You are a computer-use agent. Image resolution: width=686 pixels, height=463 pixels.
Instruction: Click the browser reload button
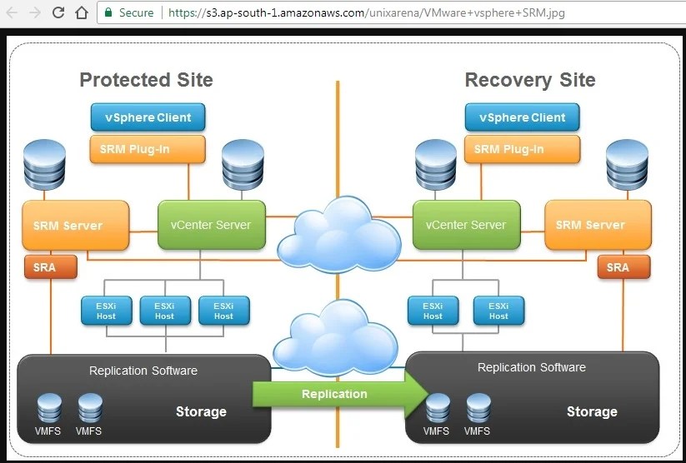pyautogui.click(x=58, y=12)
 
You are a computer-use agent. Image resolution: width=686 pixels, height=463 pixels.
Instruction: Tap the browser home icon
pyautogui.click(x=82, y=12)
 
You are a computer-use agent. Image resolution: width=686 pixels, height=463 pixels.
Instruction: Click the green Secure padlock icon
pyautogui.click(x=108, y=12)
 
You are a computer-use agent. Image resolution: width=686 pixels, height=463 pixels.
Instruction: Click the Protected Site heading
pyautogui.click(x=146, y=80)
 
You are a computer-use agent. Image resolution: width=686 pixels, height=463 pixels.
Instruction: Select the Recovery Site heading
pyautogui.click(x=530, y=80)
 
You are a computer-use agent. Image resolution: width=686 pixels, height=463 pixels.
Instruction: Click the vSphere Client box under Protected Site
pyautogui.click(x=148, y=117)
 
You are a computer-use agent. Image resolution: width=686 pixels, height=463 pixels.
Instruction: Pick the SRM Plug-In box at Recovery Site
pyautogui.click(x=522, y=149)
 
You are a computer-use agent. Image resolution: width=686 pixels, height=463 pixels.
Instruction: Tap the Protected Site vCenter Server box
pyautogui.click(x=211, y=225)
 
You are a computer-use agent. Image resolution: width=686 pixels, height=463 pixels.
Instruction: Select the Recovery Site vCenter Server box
pyautogui.click(x=466, y=225)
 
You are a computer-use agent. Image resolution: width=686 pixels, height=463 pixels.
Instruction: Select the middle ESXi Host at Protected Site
pyautogui.click(x=164, y=310)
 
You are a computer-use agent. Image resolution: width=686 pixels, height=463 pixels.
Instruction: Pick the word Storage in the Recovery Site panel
pyautogui.click(x=592, y=411)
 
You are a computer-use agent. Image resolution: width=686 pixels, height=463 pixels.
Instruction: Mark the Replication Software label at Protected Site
pyautogui.click(x=143, y=371)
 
